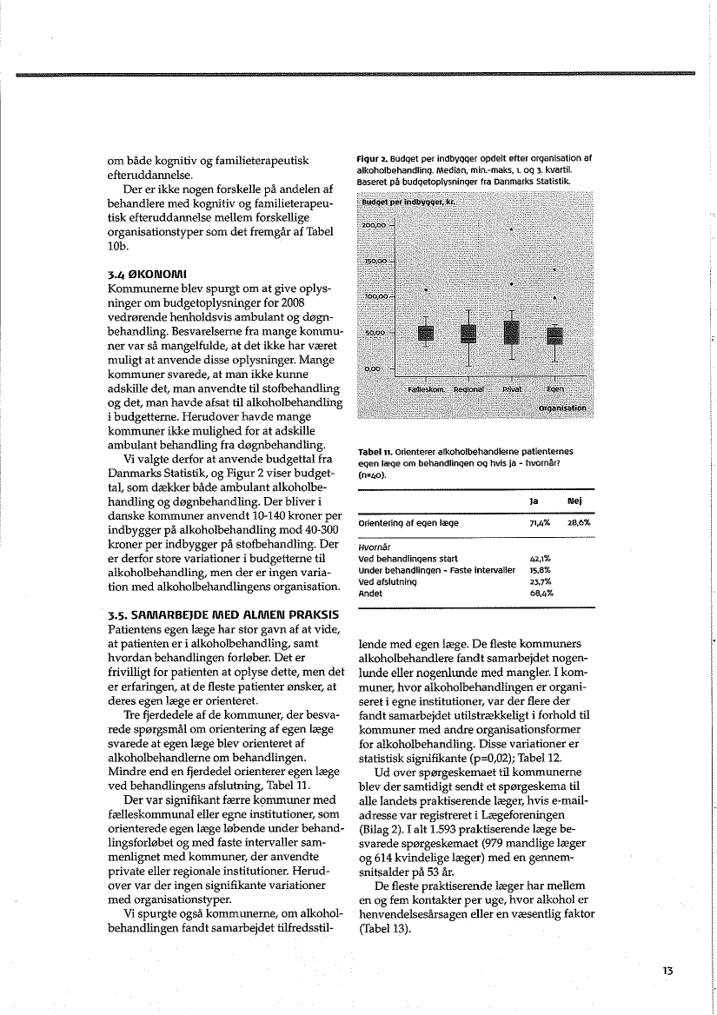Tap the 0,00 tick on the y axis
373,368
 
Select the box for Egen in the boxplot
554,333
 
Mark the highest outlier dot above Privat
512,229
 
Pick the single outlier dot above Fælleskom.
426,289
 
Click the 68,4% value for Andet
542,593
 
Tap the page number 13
667,970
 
